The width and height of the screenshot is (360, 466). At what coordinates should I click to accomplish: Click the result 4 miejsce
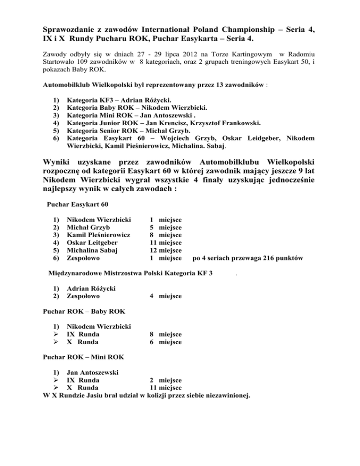(165, 296)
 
